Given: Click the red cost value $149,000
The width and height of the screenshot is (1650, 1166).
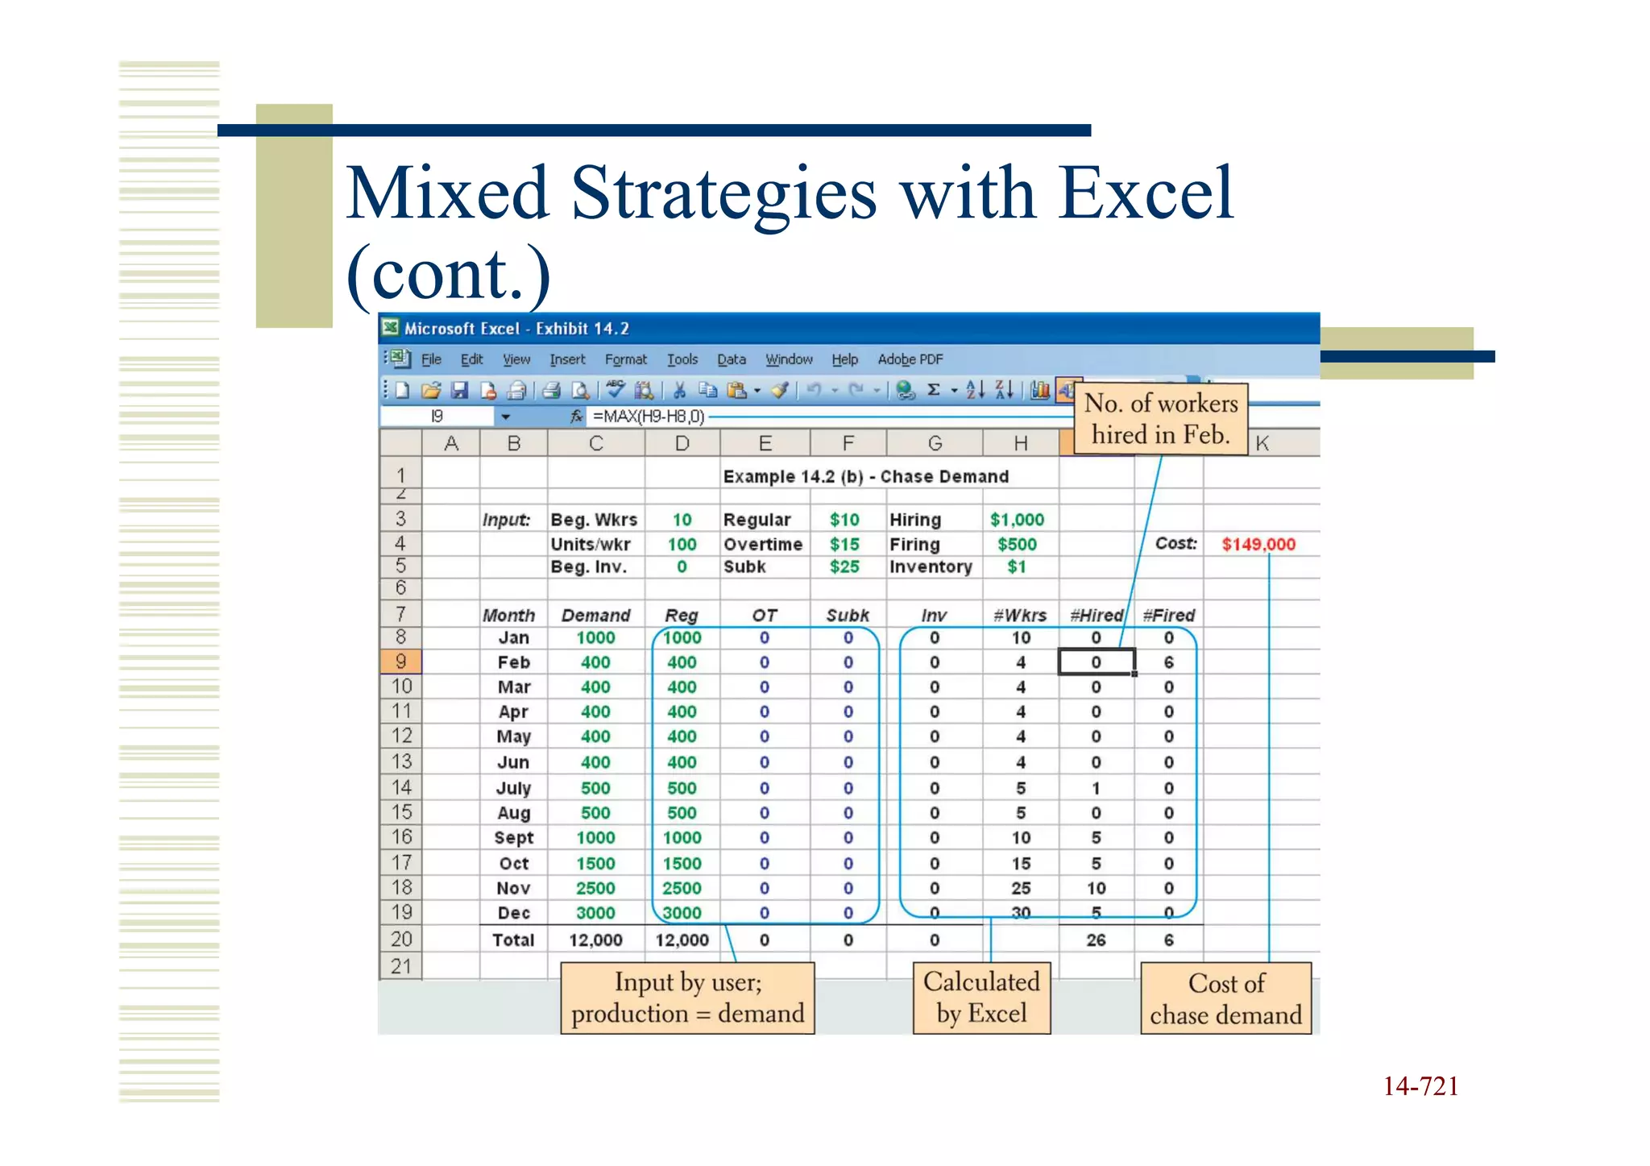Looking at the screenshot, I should [1258, 544].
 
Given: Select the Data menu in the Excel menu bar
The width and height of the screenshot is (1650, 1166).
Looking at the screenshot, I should [731, 359].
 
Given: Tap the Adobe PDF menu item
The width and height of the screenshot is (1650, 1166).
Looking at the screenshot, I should [910, 359].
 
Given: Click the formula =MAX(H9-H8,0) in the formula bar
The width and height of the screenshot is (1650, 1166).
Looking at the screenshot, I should [649, 417].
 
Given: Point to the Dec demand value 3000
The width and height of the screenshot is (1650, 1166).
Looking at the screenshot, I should [595, 913].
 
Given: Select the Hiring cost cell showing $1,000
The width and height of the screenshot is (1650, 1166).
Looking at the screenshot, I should [1017, 520].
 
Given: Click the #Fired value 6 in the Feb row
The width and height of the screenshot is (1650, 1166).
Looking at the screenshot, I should [1168, 662].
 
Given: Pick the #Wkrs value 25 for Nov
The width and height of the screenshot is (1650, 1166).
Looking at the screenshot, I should [1021, 888].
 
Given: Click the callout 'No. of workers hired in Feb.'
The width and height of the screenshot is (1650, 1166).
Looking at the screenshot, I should [1161, 419].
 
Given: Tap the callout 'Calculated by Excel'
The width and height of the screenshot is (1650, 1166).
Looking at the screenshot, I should [981, 998].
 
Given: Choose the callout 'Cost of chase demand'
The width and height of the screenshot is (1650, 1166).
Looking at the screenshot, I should [1225, 999].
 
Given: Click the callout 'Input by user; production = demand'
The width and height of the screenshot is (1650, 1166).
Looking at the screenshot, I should [687, 998].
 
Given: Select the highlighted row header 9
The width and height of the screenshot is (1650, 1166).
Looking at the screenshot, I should [400, 662].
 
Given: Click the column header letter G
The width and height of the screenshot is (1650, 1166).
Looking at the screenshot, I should [935, 443].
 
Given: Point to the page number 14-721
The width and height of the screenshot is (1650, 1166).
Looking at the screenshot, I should [1420, 1086].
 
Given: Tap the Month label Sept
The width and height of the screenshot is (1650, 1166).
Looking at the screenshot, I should [513, 838].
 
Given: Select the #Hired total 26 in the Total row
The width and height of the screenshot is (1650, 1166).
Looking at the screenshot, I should [1096, 940].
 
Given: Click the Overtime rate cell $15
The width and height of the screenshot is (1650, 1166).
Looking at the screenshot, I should [844, 544].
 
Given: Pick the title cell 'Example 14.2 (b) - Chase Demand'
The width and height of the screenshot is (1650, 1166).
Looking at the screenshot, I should [865, 476].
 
